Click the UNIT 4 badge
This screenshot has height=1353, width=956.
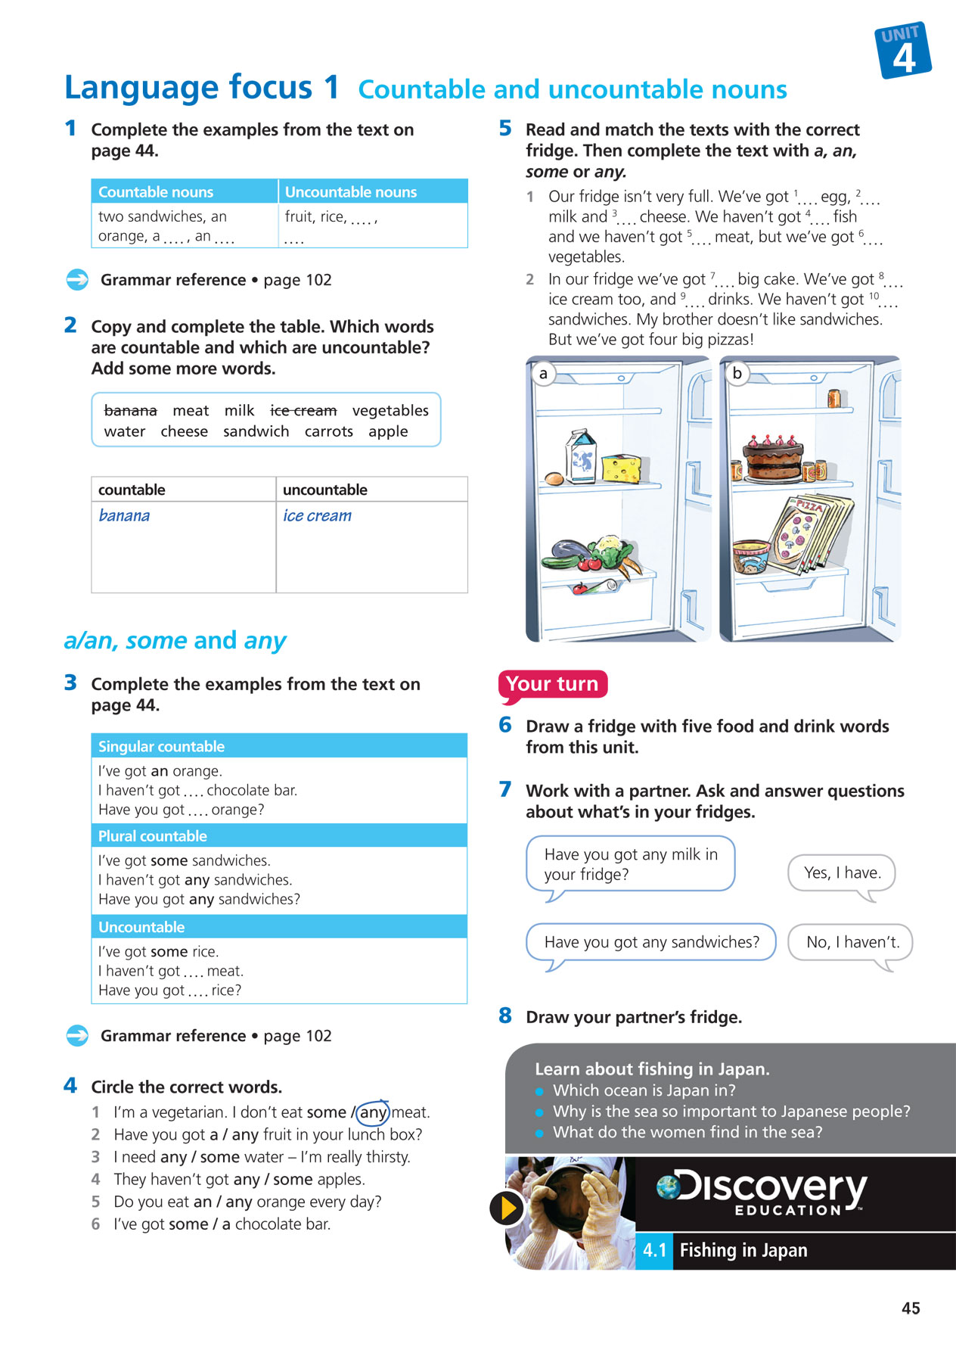click(903, 51)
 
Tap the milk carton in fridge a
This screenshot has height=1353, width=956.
click(581, 456)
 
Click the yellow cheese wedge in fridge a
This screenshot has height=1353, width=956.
click(621, 468)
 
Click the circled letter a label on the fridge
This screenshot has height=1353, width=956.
click(543, 374)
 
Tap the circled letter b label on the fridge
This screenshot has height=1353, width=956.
click(737, 373)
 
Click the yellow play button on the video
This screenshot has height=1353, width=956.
click(506, 1208)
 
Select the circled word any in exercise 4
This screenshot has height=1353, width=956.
click(372, 1112)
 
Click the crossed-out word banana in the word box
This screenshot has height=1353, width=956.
click(130, 411)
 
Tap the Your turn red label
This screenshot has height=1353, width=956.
click(552, 684)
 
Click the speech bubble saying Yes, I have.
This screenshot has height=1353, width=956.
click(842, 873)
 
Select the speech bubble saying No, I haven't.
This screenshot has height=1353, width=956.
click(852, 942)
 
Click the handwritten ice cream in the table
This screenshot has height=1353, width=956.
click(317, 516)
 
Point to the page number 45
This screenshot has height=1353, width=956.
click(911, 1308)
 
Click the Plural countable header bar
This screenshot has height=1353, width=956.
click(279, 836)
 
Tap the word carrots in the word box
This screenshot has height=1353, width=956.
click(328, 432)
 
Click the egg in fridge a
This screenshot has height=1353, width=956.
click(554, 478)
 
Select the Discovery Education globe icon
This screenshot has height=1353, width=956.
click(668, 1187)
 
